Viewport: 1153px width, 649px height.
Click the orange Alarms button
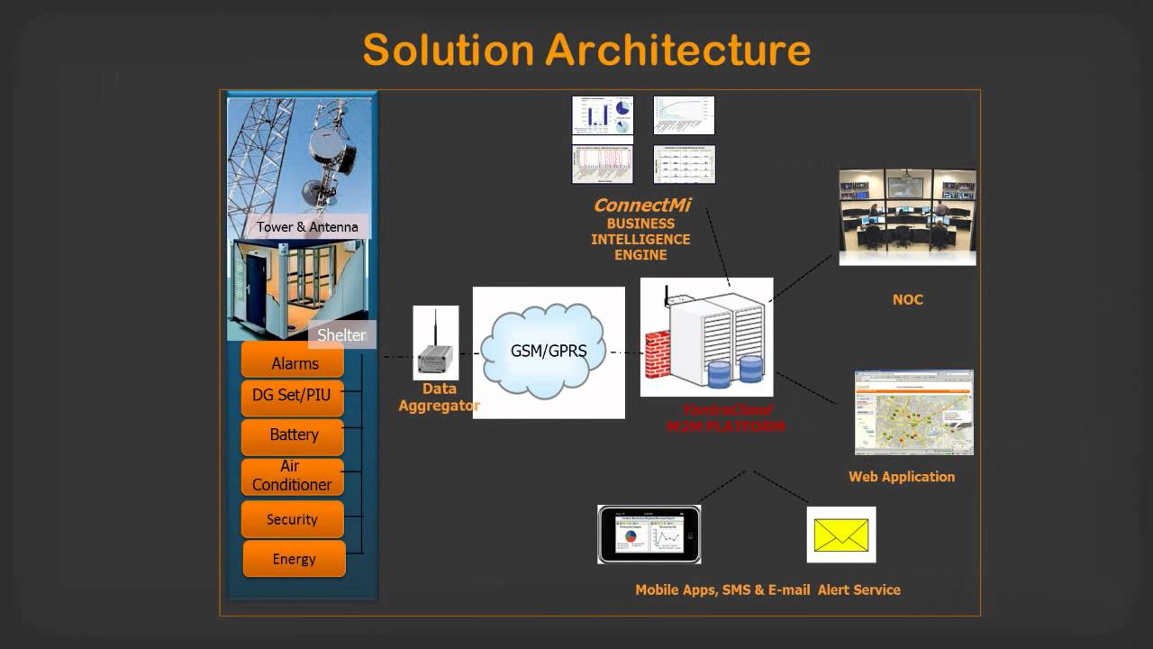[x=294, y=363]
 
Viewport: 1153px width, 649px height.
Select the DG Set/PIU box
[x=293, y=395]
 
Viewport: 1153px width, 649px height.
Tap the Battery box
[x=293, y=434]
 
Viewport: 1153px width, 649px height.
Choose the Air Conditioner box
[x=292, y=475]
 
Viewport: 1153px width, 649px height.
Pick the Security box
[x=292, y=519]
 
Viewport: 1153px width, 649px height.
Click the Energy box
[x=294, y=559]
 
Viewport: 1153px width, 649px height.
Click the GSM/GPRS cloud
[x=548, y=350]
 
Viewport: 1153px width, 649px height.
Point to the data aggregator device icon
[x=436, y=347]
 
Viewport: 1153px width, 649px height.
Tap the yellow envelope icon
[x=841, y=535]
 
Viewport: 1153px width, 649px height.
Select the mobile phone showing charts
[x=649, y=535]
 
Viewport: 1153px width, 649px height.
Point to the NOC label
[x=907, y=299]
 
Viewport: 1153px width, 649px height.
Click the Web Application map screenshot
[x=913, y=412]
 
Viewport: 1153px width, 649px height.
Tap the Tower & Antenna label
[x=307, y=227]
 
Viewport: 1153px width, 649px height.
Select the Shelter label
[x=341, y=335]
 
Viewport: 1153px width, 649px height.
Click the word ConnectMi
[x=641, y=206]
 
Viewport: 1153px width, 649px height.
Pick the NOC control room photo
[x=907, y=216]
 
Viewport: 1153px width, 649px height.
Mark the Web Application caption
[x=901, y=477]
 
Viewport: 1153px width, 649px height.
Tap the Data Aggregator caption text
[x=439, y=398]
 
